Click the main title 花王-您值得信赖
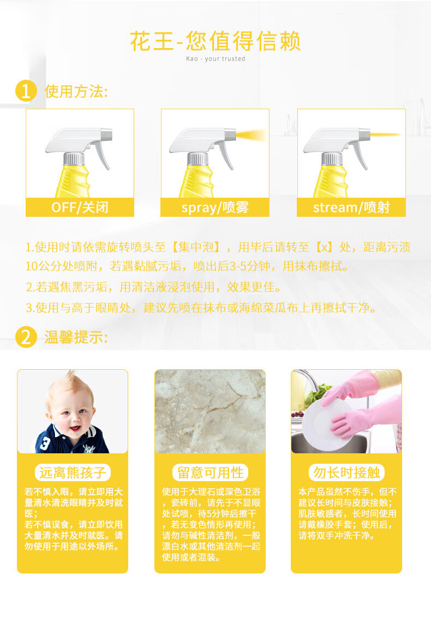[215, 41]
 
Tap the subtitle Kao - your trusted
[215, 58]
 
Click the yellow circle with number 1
[26, 91]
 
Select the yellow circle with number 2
[26, 337]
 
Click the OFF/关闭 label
[80, 207]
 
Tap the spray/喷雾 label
[215, 207]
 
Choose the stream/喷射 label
[351, 207]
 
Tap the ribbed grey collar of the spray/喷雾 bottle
[197, 159]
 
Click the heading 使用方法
[76, 91]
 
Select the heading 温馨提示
[76, 338]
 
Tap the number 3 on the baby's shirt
[45, 443]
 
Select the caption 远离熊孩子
[73, 472]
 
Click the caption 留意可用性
[210, 472]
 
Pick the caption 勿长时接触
[346, 472]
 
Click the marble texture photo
[209, 411]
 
